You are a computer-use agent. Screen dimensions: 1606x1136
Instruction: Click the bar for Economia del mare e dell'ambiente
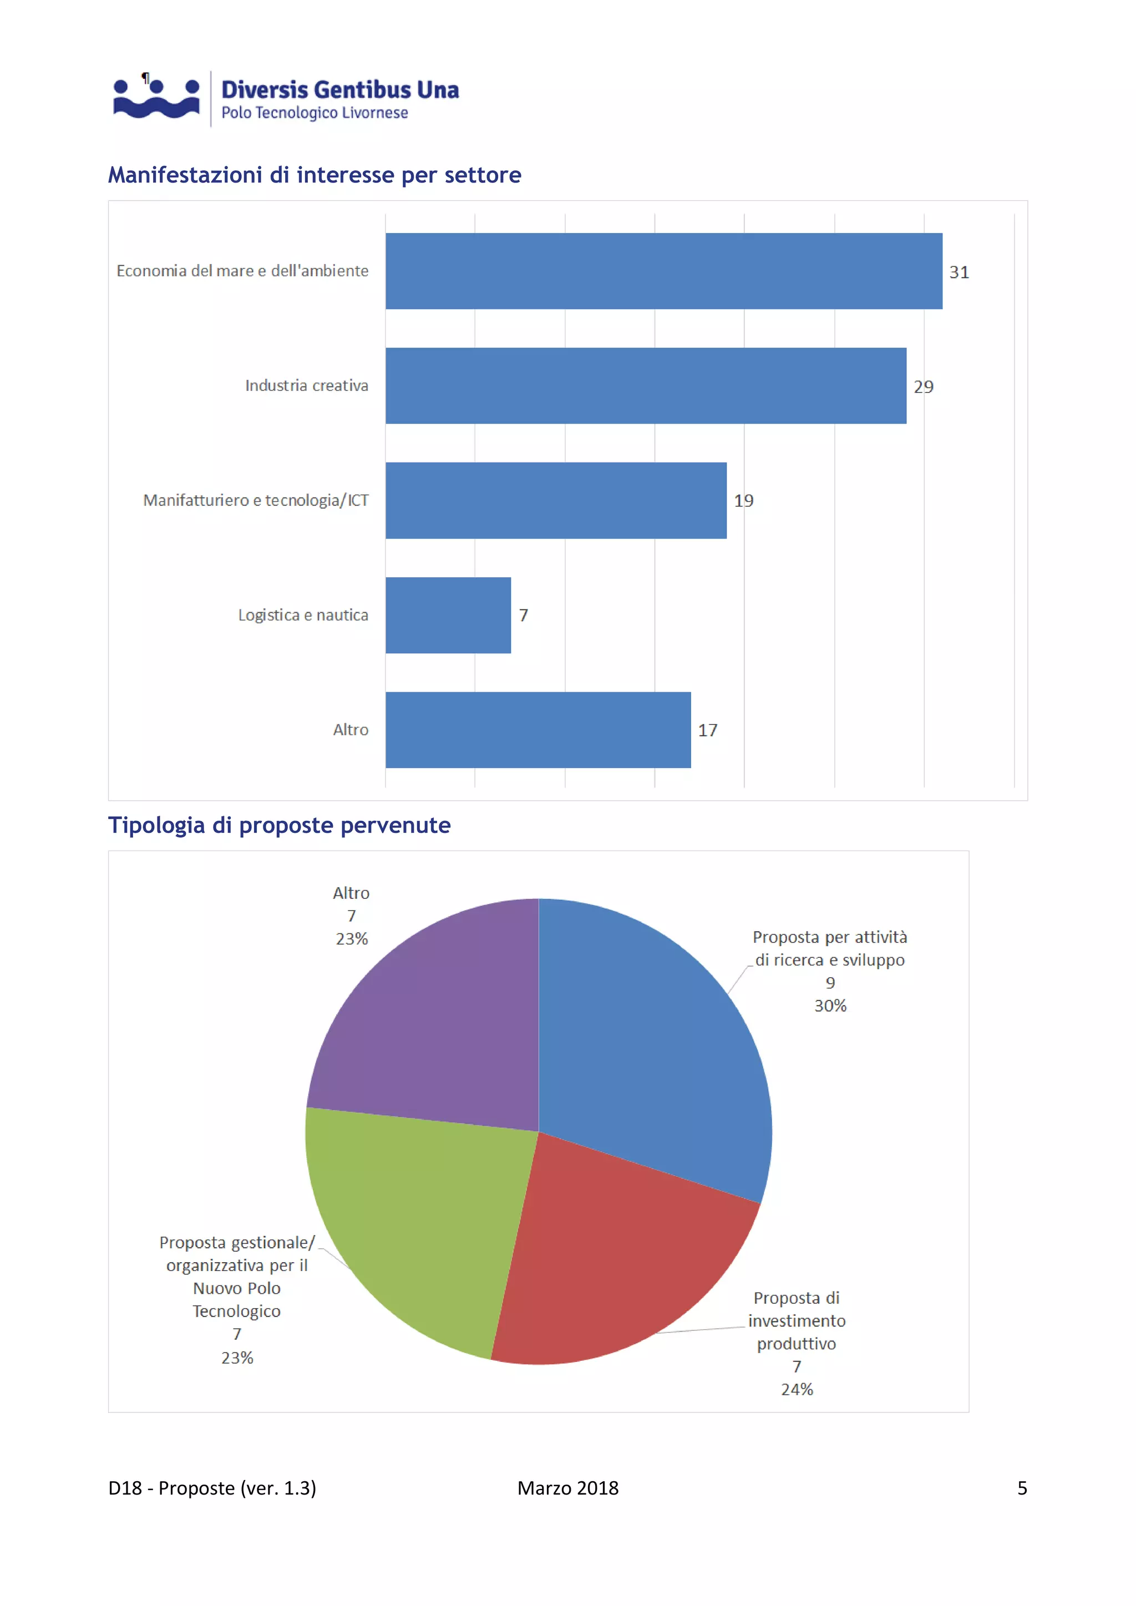coord(663,271)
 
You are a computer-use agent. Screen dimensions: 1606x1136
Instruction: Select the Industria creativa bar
coord(645,385)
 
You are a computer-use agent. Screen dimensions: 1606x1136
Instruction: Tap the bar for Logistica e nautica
coord(448,615)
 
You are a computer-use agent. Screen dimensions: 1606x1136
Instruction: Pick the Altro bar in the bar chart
coord(537,730)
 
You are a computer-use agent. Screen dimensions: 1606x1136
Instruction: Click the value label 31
coord(958,272)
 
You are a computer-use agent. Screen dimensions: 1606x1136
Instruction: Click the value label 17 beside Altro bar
coord(707,730)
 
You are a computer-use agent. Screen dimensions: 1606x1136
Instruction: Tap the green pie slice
coord(420,1217)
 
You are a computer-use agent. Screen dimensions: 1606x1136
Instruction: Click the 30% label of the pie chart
coord(830,1006)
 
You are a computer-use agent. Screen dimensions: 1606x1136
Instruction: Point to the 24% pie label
coord(797,1389)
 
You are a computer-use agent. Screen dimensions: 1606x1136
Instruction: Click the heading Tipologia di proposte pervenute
coord(279,825)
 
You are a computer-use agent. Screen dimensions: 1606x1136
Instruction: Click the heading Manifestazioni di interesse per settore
coord(314,175)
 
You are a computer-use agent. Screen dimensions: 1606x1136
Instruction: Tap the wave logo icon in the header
coord(156,98)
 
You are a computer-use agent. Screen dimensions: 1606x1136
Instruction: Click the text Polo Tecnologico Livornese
coord(314,113)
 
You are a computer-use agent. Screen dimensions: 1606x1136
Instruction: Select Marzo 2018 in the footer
coord(567,1488)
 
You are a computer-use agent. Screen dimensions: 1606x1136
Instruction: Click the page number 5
coord(1021,1488)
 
